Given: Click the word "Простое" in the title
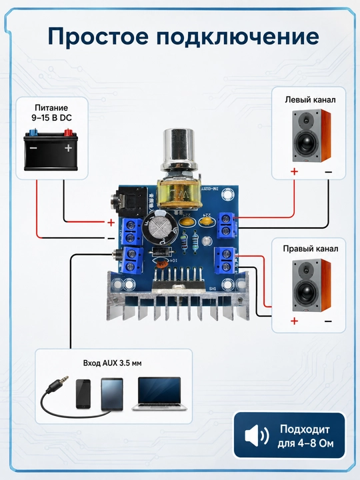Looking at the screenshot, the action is click(98, 37).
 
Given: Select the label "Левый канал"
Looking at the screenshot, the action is click(310, 100).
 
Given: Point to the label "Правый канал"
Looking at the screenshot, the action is click(311, 249).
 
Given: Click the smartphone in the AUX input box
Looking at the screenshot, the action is click(83, 394).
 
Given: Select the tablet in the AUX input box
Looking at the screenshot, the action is click(112, 394).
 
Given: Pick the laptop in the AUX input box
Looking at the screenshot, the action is click(159, 394).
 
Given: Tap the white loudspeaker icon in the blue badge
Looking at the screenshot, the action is click(257, 436).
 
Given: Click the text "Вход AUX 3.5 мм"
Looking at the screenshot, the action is click(113, 363).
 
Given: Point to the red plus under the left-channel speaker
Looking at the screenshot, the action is click(294, 171).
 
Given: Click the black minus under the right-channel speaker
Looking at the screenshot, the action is click(328, 321).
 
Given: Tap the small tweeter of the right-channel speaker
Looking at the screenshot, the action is click(305, 269).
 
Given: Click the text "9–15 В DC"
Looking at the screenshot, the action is click(51, 118).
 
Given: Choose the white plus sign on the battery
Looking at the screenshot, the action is click(68, 148).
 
